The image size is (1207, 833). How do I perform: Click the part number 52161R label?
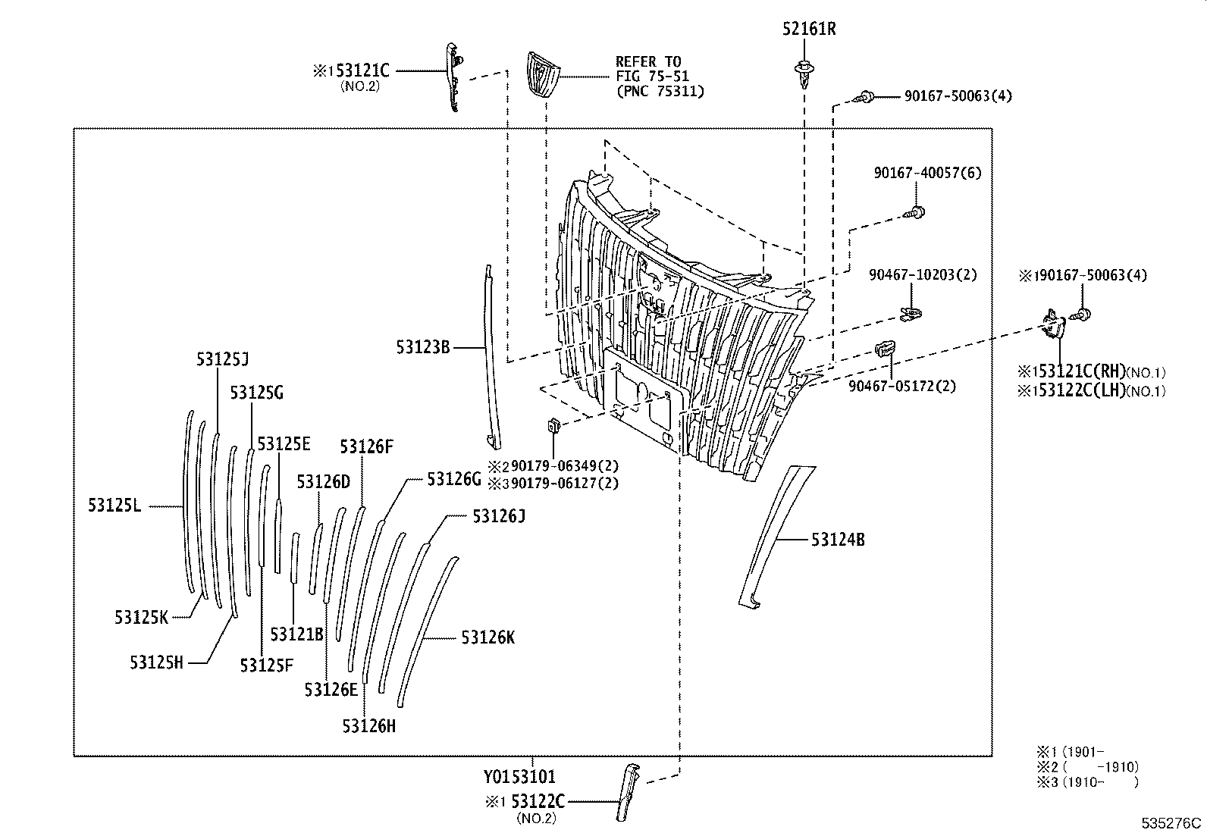[809, 30]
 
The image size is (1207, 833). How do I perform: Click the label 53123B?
[423, 347]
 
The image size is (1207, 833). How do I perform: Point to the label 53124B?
[838, 540]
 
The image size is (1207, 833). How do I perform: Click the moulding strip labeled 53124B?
[773, 531]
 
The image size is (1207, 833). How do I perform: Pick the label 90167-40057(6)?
[927, 173]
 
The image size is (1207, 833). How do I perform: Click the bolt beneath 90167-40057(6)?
[916, 212]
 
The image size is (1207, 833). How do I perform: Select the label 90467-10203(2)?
[923, 274]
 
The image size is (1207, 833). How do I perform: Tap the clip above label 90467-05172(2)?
[885, 349]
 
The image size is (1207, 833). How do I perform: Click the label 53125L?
[114, 506]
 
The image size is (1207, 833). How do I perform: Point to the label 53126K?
[488, 638]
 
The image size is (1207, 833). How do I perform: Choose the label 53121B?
[296, 634]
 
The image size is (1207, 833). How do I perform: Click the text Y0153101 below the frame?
[519, 777]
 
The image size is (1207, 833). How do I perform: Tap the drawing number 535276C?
[1173, 823]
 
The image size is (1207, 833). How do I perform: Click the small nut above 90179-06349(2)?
[553, 426]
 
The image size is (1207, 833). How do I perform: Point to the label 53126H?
[368, 726]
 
